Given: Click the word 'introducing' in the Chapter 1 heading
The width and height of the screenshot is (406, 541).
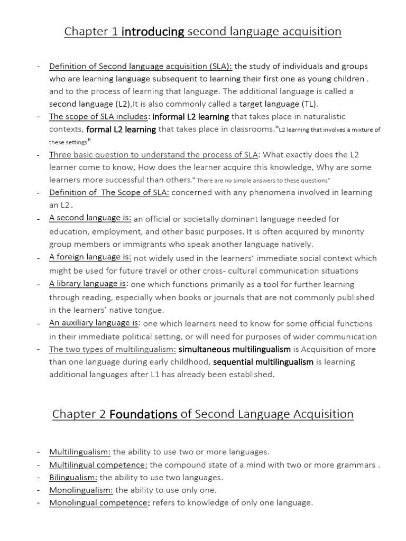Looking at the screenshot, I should pos(153,32).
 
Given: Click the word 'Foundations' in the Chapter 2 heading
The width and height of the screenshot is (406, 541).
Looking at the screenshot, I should pos(143,414).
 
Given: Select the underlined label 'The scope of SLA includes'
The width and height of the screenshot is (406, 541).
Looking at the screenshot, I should pos(99,116).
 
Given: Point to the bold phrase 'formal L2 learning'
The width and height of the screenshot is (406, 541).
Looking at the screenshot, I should pos(121,129).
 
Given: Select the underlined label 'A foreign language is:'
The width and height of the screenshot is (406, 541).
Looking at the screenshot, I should pos(90,257).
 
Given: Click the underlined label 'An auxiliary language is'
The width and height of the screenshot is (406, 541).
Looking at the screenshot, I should pos(95,323).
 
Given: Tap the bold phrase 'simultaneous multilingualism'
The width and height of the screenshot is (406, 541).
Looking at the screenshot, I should pos(235,349).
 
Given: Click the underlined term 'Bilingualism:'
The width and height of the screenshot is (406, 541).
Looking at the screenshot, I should pos(73,477).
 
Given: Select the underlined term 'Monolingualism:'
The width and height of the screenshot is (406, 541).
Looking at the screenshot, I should pos(81,490).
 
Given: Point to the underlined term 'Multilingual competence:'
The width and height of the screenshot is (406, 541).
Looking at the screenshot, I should pos(98,465).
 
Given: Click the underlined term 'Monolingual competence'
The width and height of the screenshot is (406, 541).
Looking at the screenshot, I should pos(98,503).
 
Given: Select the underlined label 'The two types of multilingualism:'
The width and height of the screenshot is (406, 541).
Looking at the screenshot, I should pos(113,349).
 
